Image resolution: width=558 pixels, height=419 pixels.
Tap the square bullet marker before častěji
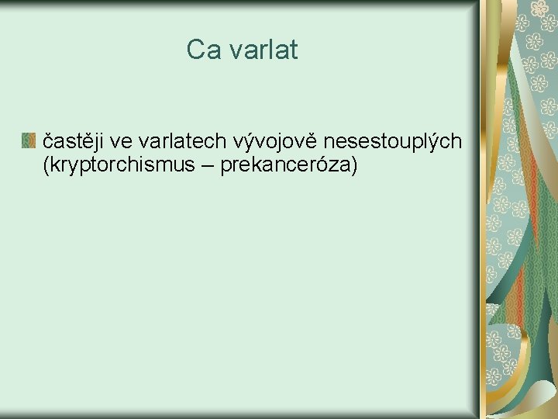click(29, 140)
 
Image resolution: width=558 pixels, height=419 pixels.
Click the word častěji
click(74, 140)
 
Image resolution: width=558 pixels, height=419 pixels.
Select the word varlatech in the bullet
click(180, 140)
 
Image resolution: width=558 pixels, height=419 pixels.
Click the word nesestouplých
click(393, 140)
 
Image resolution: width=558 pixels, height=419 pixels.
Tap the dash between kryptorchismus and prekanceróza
click(207, 165)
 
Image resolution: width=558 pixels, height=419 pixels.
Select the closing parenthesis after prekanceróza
click(354, 164)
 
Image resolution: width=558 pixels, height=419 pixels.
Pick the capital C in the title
click(195, 50)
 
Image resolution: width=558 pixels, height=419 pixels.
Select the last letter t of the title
click(294, 50)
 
